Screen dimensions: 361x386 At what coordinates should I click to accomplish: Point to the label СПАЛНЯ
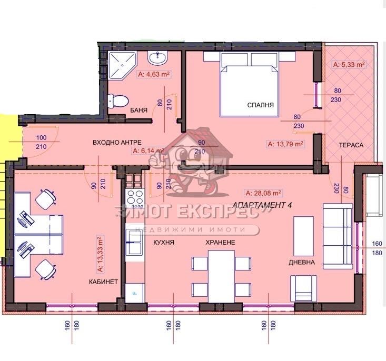(x=261, y=105)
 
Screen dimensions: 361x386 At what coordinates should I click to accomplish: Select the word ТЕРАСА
(x=351, y=145)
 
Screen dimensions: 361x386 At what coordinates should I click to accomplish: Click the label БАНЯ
(x=138, y=111)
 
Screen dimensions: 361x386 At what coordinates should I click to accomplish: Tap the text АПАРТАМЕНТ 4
(x=262, y=205)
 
